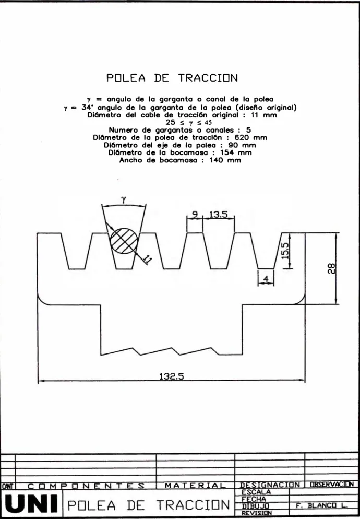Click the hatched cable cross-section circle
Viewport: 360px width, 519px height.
[x=124, y=241]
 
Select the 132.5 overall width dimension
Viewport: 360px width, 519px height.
[x=172, y=376]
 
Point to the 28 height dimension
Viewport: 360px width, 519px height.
[x=332, y=268]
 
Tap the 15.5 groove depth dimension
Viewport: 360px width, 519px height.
[x=285, y=251]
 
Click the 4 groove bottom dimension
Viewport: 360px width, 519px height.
[x=266, y=280]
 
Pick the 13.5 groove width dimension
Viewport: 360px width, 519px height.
[x=218, y=215]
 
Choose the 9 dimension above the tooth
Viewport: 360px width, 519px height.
[x=195, y=215]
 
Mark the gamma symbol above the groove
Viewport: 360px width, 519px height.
[x=124, y=199]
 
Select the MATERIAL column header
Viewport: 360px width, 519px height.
[x=195, y=486]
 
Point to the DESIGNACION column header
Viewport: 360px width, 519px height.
[x=270, y=485]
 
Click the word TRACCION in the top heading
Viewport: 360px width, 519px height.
[x=208, y=78]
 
